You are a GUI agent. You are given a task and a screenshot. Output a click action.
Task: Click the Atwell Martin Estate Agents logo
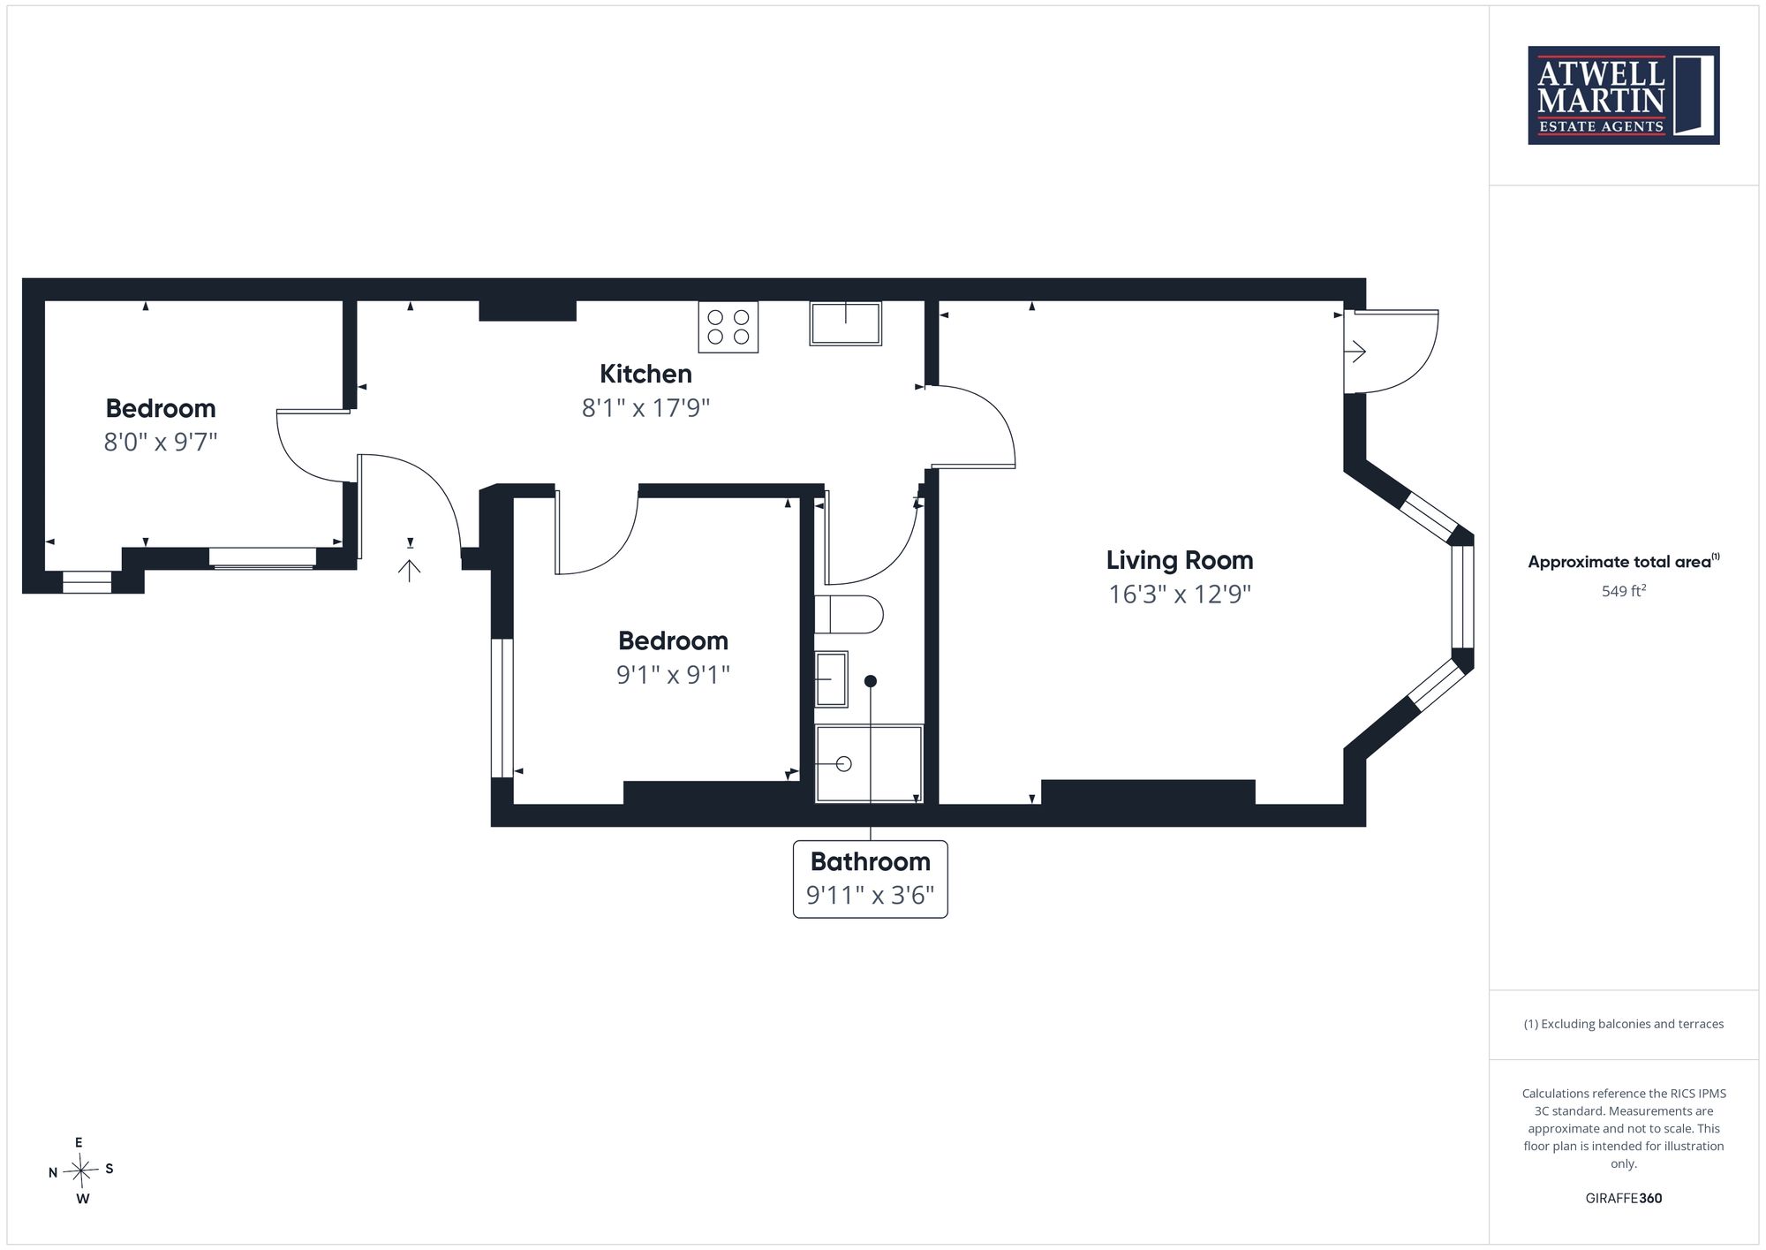[x=1623, y=95]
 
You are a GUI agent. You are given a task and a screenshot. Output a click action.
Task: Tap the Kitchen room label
[x=645, y=374]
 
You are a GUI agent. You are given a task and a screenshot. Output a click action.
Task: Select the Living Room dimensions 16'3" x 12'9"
[x=1180, y=594]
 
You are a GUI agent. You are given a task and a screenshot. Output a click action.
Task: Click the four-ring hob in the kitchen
[x=728, y=327]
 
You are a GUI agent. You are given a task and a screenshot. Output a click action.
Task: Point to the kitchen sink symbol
[x=846, y=323]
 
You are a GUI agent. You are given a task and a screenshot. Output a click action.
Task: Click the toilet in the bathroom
[x=849, y=614]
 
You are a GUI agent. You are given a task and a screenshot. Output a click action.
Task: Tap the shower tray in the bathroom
[x=869, y=764]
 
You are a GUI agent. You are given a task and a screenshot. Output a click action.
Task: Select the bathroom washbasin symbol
[x=831, y=679]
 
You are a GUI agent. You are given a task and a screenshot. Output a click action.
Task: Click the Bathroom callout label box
[x=871, y=879]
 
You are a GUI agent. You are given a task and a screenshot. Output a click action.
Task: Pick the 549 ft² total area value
[x=1624, y=591]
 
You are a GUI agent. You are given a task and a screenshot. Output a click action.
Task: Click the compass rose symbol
[x=81, y=1171]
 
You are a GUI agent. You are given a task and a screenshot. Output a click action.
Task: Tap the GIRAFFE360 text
[x=1624, y=1198]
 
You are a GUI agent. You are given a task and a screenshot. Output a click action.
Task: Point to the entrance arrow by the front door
[x=409, y=570]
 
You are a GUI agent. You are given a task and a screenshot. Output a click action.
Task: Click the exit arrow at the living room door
[x=1355, y=352]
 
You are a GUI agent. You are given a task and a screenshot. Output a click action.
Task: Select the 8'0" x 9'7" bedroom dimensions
[x=161, y=442]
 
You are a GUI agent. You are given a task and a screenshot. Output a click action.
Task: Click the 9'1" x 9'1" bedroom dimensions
[x=673, y=675]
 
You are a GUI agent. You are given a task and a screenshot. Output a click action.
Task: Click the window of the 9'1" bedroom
[x=502, y=708]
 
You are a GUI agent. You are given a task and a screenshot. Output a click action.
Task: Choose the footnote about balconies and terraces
[x=1624, y=1024]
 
